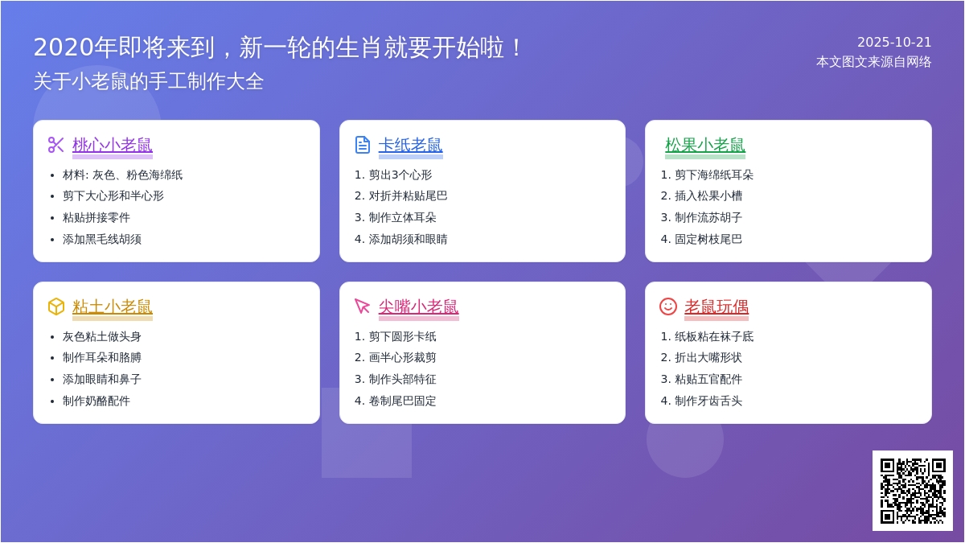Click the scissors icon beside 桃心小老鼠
tap(56, 145)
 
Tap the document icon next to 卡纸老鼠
tap(363, 145)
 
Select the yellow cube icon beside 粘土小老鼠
tap(56, 306)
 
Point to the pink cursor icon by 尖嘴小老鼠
tap(363, 306)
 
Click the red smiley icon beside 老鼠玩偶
tap(668, 306)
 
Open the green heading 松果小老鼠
tap(705, 145)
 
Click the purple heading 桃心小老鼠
tap(113, 145)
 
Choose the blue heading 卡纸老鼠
tap(411, 145)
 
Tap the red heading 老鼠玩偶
tap(717, 306)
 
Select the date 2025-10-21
tap(894, 42)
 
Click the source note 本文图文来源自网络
tap(873, 62)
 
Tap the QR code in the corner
tap(913, 491)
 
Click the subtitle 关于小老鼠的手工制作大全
tap(149, 81)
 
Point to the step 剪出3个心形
tap(400, 175)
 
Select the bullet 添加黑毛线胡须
tap(102, 239)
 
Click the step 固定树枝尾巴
tap(708, 239)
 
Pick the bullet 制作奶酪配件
tap(96, 401)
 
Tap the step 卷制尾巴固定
tap(402, 401)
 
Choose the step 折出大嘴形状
tap(708, 358)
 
